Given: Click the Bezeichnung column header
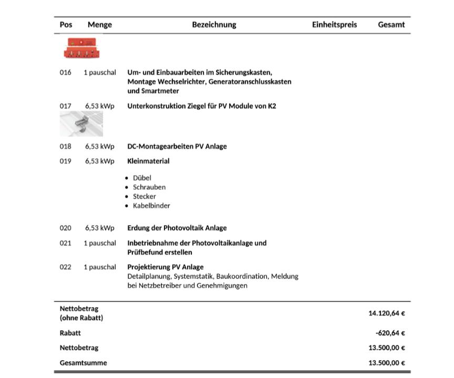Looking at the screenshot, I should click(214, 25).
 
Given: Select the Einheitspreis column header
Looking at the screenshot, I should click(334, 25).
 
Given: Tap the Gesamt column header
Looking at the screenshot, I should click(391, 25).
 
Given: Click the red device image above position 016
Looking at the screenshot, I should click(81, 48).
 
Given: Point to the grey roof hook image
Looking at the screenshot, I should click(81, 124).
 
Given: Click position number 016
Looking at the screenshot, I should click(65, 73).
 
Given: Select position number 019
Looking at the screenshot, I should click(65, 161).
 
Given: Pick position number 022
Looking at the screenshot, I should click(65, 267).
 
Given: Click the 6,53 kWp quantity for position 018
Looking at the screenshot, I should click(99, 147).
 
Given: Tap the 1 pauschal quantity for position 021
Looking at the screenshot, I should click(99, 243).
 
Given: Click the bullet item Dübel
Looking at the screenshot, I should click(142, 178).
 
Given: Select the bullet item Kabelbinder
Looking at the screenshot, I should click(151, 206).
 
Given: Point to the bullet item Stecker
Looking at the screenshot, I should click(144, 197).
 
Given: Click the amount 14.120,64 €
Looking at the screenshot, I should click(387, 313).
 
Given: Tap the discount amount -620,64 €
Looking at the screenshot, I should click(390, 333).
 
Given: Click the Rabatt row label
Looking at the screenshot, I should click(70, 333).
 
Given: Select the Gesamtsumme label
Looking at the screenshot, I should click(83, 363).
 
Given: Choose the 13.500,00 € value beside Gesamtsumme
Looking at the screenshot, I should click(387, 363).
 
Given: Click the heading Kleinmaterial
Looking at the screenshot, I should click(148, 161).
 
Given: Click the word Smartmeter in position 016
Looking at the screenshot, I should click(146, 91).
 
